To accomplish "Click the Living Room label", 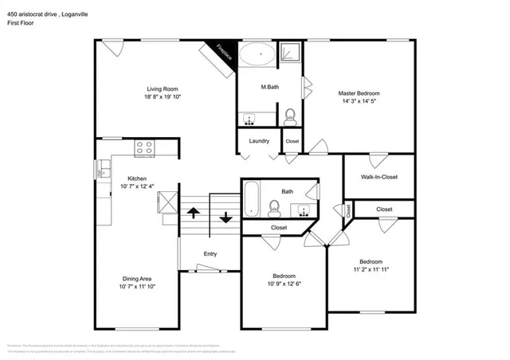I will pos(161,88).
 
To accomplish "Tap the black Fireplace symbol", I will pos(221,53).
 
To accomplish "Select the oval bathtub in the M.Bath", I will pos(258,56).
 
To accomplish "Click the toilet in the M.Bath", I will pos(289,117).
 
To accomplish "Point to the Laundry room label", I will pos(258,141).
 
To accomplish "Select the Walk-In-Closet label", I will pos(379,177).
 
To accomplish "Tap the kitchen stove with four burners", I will pos(144,147).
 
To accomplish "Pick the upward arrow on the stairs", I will pos(192,213).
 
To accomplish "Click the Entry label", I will pos(210,254).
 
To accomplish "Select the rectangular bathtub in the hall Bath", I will pos(252,200).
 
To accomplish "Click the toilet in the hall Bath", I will pos(273,209).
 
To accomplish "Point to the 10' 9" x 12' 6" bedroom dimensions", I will pos(284,284).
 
